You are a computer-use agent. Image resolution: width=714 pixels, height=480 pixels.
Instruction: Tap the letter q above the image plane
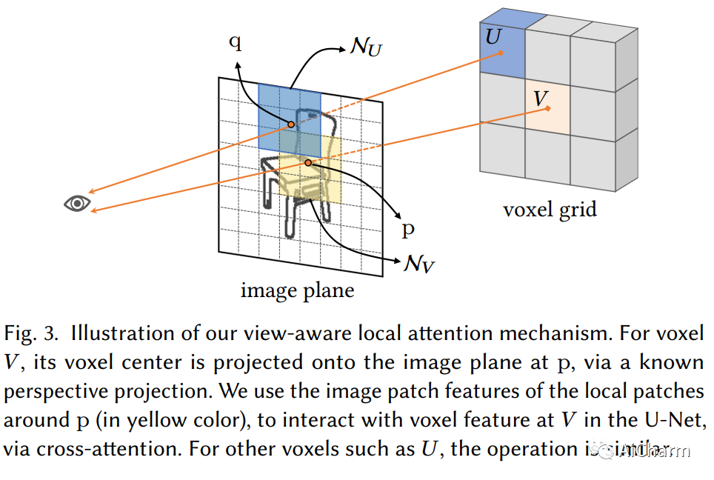click(x=235, y=42)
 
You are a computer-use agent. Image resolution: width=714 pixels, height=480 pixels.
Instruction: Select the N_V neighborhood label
click(x=417, y=263)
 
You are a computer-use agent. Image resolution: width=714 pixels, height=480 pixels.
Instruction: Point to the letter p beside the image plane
click(x=408, y=229)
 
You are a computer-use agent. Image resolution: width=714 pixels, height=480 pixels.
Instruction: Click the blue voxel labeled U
click(x=502, y=49)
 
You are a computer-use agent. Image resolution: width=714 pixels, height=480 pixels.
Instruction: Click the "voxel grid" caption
click(x=549, y=209)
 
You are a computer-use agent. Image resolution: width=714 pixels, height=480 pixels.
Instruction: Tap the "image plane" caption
click(x=297, y=290)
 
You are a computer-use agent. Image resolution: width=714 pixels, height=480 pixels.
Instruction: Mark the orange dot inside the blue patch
click(x=291, y=124)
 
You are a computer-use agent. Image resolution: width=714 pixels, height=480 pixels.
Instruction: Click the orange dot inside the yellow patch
click(x=308, y=161)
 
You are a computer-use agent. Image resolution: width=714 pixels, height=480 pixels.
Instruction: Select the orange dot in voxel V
click(x=548, y=108)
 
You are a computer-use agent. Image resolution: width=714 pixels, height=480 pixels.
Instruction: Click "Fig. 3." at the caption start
click(x=32, y=333)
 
